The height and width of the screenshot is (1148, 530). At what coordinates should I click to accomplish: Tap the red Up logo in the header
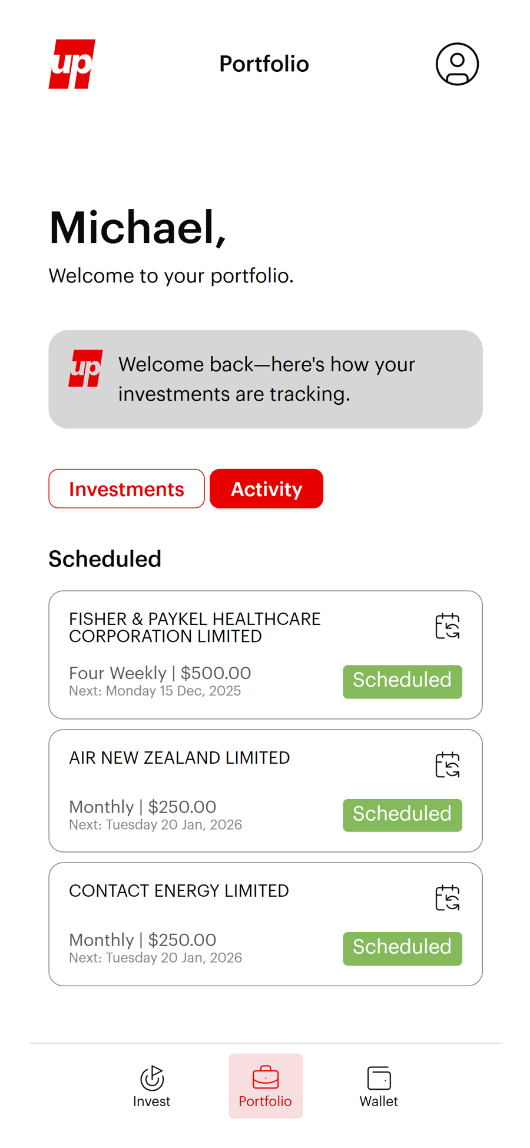72,64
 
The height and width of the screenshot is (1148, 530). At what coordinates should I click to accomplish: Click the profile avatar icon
457,64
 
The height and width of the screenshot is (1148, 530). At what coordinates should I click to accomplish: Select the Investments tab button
127,488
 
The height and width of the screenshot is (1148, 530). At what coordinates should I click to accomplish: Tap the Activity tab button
266,488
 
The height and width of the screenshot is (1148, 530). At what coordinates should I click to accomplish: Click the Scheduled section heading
105,559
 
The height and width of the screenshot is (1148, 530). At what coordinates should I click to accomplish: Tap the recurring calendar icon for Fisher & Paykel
447,626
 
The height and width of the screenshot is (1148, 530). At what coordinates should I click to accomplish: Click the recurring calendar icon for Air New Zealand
447,765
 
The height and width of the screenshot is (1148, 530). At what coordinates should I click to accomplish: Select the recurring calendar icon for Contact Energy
447,898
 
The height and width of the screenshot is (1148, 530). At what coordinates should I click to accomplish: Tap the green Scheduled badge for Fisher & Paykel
402,681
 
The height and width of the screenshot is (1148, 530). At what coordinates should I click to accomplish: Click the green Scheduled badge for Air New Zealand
402,815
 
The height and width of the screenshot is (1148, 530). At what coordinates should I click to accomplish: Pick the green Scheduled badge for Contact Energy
402,948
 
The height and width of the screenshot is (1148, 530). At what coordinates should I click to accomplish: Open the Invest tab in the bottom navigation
151,1086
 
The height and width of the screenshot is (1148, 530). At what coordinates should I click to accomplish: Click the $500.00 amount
216,673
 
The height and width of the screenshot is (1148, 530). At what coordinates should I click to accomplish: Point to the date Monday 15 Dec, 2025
173,691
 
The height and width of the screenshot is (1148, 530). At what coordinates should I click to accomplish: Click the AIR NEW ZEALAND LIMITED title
179,758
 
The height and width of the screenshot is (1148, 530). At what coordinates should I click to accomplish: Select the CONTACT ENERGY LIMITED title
178,891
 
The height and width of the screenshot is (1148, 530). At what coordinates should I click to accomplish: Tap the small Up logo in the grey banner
85,368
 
